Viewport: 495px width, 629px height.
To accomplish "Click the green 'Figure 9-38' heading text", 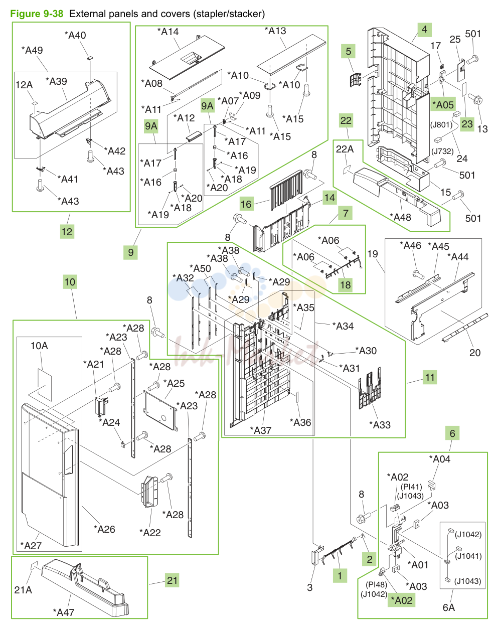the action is (x=37, y=14).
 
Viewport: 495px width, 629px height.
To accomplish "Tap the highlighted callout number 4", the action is (x=424, y=30).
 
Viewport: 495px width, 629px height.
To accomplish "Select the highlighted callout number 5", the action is (x=348, y=51).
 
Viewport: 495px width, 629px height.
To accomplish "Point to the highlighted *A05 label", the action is (x=443, y=105).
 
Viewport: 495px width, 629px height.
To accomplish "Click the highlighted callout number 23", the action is (x=467, y=124).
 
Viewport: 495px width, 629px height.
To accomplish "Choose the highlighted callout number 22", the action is (x=346, y=120).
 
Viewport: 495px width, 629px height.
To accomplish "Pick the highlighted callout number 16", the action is (x=246, y=204).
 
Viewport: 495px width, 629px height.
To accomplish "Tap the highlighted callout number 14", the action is (x=329, y=198).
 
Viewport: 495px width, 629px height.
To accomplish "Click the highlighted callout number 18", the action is (x=346, y=285).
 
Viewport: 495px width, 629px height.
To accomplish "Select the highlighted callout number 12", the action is (x=67, y=232).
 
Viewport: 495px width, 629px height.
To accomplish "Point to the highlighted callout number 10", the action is (x=70, y=282).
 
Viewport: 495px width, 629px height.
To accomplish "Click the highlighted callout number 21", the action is (x=172, y=580).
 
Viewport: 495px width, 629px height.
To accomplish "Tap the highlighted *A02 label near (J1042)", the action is (x=401, y=600).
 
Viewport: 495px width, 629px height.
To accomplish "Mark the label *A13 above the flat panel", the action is (x=275, y=31).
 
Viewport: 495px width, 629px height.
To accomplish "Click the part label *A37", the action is (x=261, y=430).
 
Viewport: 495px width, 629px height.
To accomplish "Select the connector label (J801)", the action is (x=441, y=125).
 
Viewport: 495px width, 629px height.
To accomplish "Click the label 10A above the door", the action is (x=39, y=346).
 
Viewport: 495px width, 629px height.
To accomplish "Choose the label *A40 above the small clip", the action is (x=75, y=36).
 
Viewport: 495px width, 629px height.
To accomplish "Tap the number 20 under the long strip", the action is (x=475, y=353).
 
